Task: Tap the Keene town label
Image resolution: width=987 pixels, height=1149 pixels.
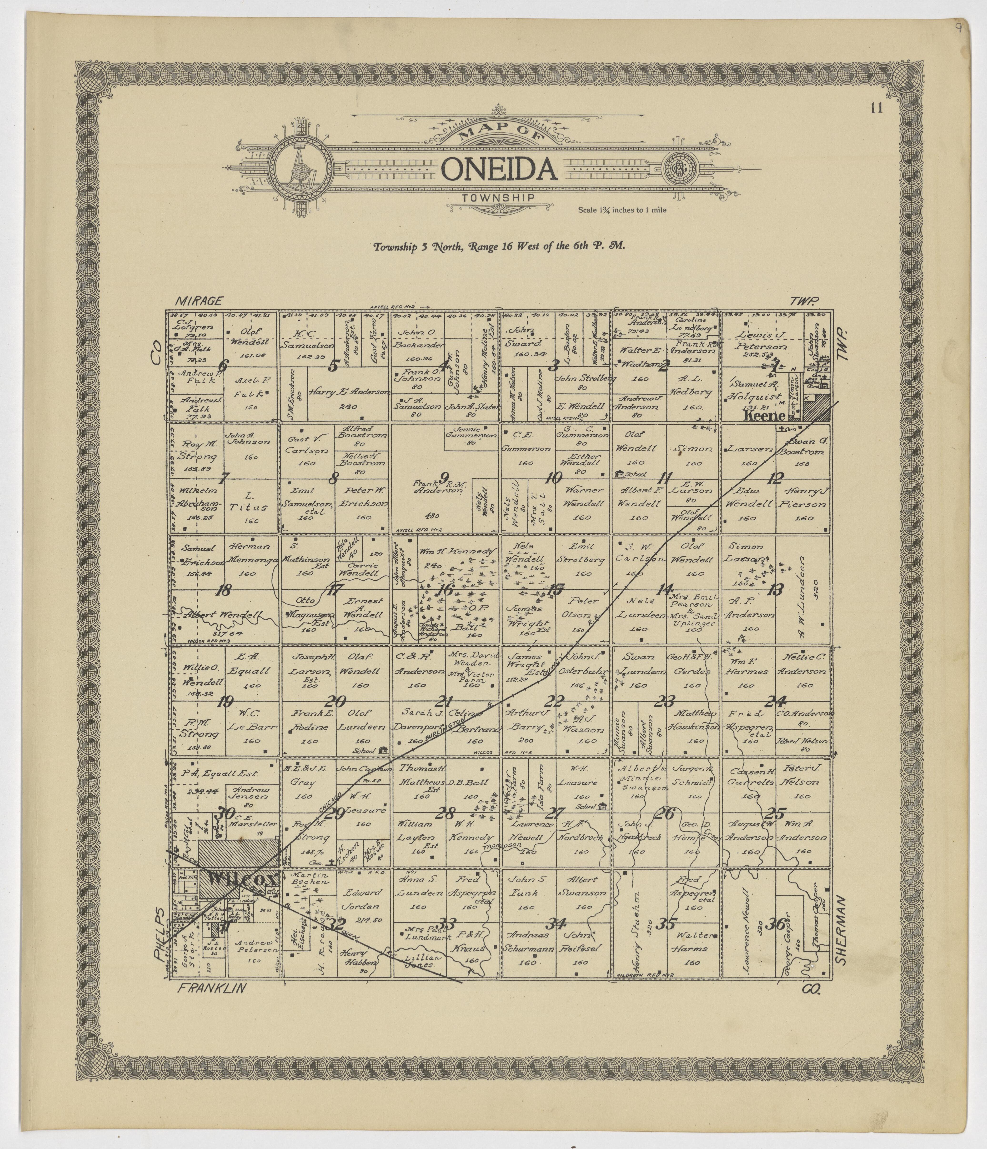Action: (x=764, y=416)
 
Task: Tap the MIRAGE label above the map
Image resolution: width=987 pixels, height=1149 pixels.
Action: (x=199, y=301)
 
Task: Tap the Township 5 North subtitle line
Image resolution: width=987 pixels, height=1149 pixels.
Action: (x=499, y=246)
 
